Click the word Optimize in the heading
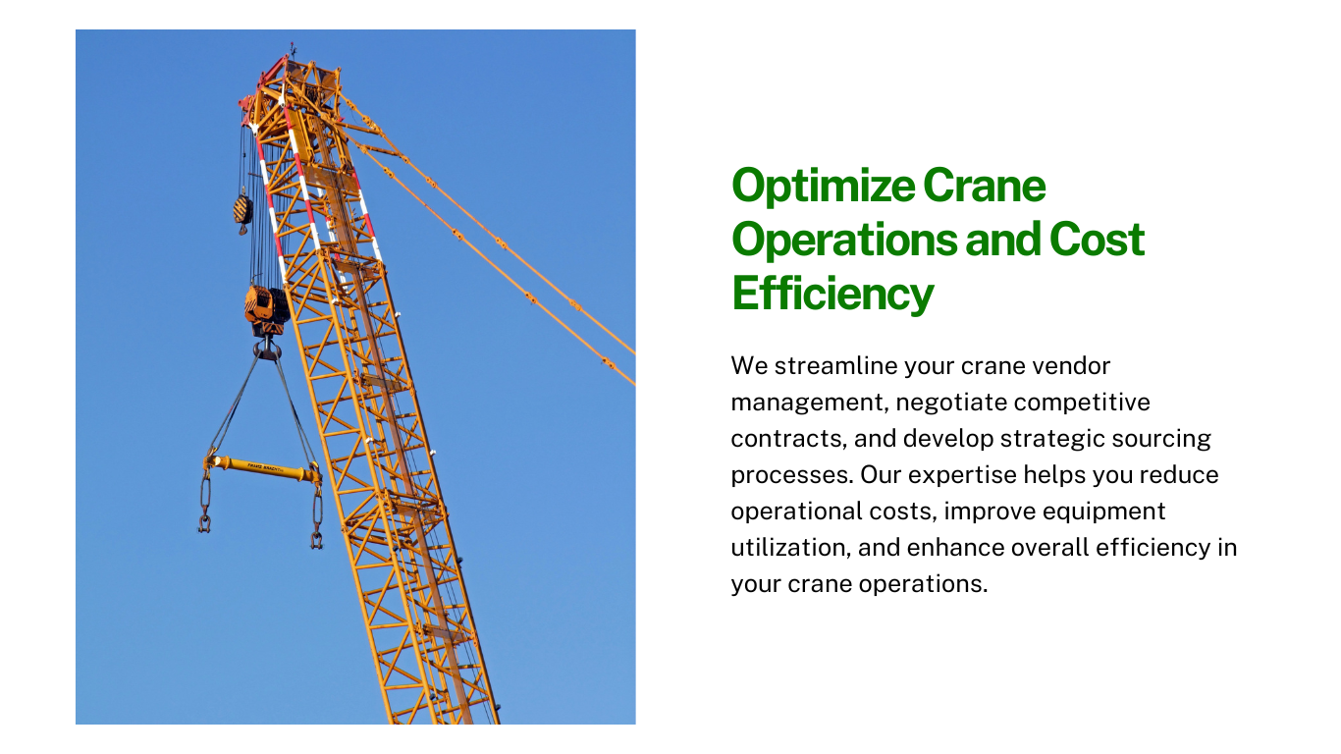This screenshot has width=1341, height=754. [x=824, y=187]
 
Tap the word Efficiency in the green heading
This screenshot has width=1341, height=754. [x=832, y=295]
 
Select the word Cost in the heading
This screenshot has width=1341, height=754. [x=1097, y=240]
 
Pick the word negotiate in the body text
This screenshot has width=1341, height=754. [x=951, y=403]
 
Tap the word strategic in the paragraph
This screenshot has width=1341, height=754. [x=1051, y=439]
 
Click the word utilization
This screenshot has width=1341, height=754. [x=791, y=548]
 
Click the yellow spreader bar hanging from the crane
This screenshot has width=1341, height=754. [x=262, y=467]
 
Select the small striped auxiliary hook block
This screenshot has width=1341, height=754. [x=242, y=211]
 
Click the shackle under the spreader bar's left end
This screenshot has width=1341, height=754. [x=205, y=523]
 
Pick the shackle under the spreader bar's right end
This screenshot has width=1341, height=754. [x=317, y=540]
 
